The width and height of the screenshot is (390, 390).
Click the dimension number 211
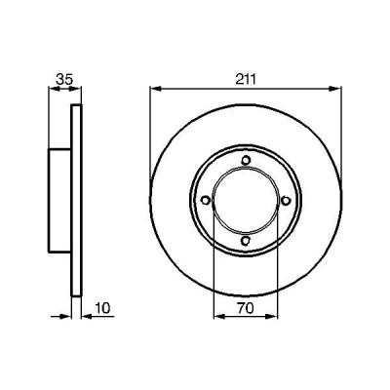coord(246,79)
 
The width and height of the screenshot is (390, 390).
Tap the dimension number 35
coord(63,79)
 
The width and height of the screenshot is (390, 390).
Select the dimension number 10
coord(103,308)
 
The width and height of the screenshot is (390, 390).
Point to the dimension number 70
coord(246,308)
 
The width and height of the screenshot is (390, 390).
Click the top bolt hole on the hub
coord(246,161)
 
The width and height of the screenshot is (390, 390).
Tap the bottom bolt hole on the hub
coord(245,241)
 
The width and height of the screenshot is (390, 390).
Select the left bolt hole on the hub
coord(206,200)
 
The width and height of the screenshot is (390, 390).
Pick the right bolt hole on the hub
coord(286,201)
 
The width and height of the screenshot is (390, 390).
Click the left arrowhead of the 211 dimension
coord(156,89)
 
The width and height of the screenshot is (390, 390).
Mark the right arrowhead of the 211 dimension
coord(335,89)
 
